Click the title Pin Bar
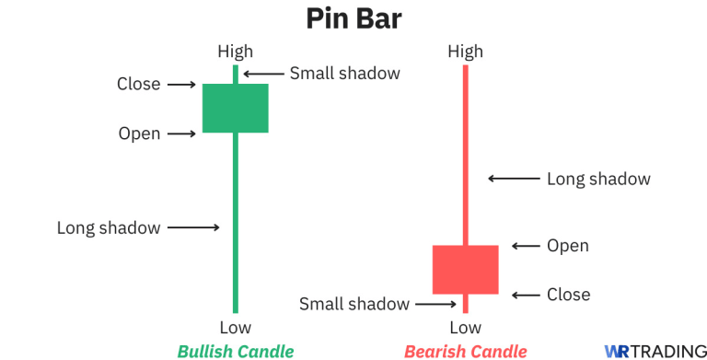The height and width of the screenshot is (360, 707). (353, 19)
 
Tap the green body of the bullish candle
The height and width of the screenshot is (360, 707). (236, 108)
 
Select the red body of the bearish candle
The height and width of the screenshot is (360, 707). (465, 269)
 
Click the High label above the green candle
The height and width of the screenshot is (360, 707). (235, 52)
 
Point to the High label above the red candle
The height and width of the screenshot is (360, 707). (465, 52)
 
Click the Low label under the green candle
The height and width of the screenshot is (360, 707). (235, 327)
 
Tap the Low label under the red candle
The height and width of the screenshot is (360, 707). (465, 327)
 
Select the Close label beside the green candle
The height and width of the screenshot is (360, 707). (139, 84)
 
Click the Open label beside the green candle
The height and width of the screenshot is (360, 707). (139, 134)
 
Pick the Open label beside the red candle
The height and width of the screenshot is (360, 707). (568, 246)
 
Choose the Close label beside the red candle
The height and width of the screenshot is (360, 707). (568, 295)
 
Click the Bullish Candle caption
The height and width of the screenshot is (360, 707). (236, 351)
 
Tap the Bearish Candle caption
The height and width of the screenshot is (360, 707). (466, 351)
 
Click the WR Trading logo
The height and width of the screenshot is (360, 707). (655, 351)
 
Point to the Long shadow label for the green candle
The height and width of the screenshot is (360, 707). (109, 227)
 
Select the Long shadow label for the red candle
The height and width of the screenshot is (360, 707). (598, 179)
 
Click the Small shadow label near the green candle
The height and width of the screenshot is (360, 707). (345, 73)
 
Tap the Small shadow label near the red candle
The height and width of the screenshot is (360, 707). (355, 304)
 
